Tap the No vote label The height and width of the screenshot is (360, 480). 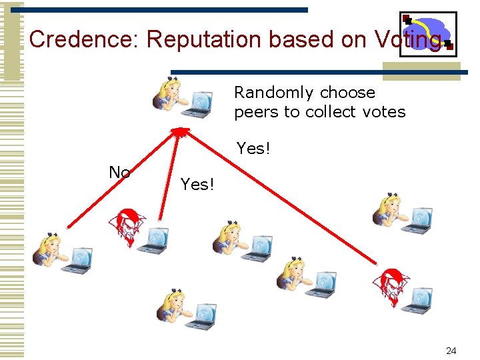tap(119, 173)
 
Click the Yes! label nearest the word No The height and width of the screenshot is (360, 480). tap(197, 185)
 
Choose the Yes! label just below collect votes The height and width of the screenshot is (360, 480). tap(253, 149)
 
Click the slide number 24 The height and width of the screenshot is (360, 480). tap(451, 350)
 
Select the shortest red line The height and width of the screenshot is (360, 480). tap(169, 177)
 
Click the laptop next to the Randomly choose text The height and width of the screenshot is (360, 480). tap(199, 103)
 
